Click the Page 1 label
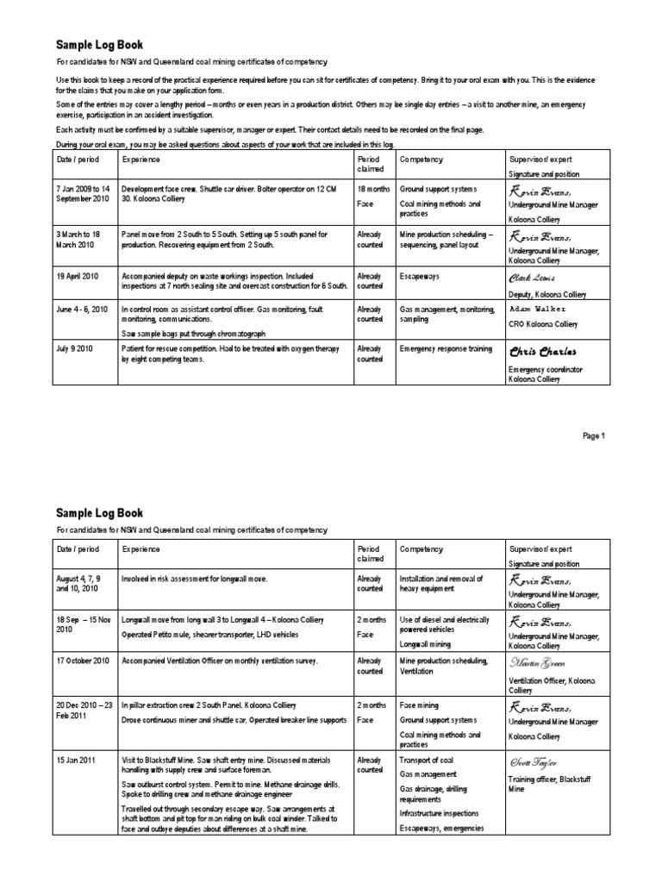pos(594,435)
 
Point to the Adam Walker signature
pos(539,309)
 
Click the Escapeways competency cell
pos(420,276)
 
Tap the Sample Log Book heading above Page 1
pos(100,44)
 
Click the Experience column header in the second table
pos(141,549)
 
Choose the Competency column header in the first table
pos(421,160)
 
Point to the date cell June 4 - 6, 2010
pos(83,309)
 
